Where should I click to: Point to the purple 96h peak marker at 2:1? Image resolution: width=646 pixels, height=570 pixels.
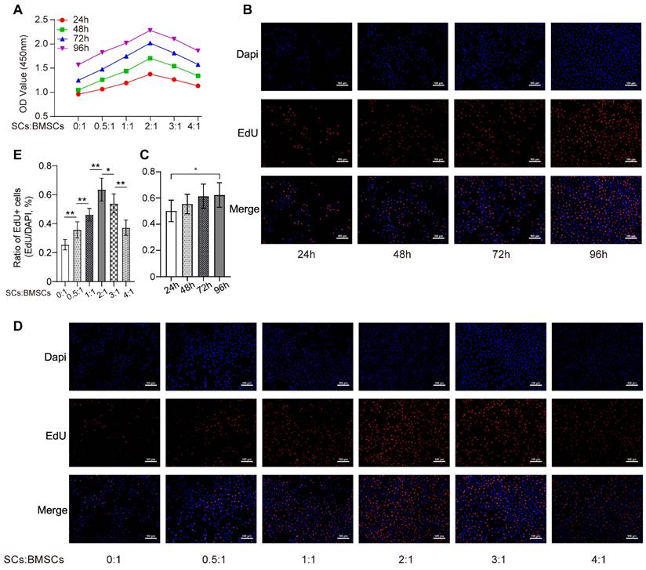click(x=150, y=31)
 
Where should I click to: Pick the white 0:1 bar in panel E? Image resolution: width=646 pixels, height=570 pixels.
click(x=65, y=263)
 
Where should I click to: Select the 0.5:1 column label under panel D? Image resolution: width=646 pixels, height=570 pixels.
click(x=211, y=560)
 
